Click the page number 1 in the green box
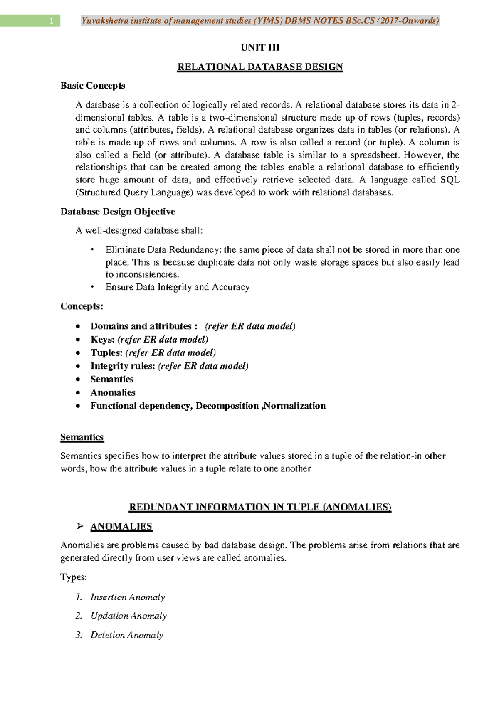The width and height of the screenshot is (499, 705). (51, 21)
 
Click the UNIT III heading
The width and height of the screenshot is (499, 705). (260, 47)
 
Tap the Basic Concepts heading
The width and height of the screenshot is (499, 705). (93, 86)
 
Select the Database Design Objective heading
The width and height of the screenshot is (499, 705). (118, 212)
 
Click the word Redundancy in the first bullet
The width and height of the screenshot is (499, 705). (195, 250)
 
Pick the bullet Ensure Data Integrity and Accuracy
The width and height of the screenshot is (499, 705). (177, 287)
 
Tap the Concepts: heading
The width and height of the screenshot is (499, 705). (82, 306)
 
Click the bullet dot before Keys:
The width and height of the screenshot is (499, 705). (78, 340)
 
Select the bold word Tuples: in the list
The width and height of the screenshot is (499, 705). (106, 353)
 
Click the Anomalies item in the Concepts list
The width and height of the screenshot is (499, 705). (113, 393)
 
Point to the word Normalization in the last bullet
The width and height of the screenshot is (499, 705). (295, 406)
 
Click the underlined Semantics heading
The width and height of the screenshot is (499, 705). (82, 437)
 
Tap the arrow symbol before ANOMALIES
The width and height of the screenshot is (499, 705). (80, 526)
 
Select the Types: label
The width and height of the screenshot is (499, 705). (74, 577)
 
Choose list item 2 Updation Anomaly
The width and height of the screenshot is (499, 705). (128, 616)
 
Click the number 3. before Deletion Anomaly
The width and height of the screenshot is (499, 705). (79, 635)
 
